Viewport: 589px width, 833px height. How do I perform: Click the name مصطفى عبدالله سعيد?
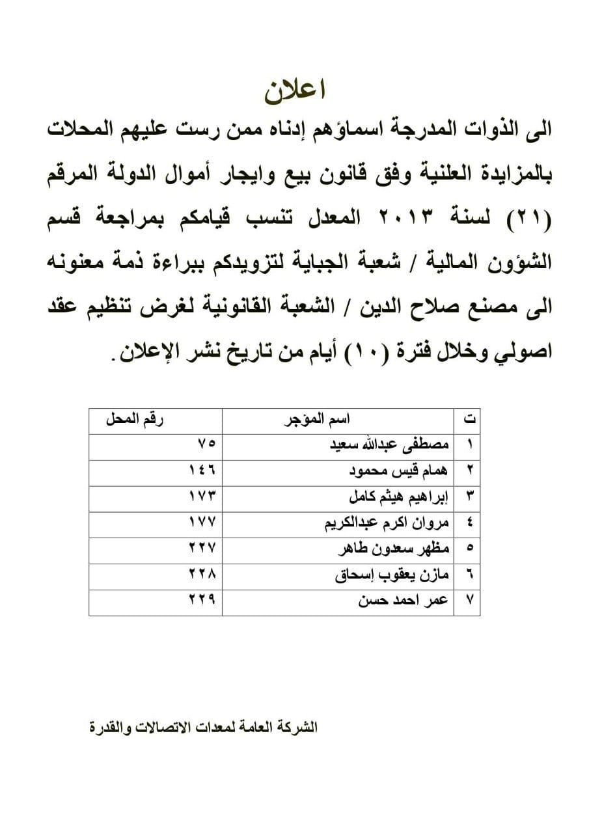click(x=389, y=447)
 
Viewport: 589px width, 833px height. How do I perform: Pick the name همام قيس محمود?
click(x=398, y=472)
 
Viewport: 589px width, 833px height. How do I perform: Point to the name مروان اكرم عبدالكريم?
click(x=387, y=524)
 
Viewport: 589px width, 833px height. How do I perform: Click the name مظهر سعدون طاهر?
click(x=392, y=550)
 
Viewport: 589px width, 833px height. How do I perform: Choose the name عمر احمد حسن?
click(x=404, y=601)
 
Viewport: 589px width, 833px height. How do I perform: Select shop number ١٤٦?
click(x=201, y=472)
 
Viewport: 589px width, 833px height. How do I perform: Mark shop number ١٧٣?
click(x=201, y=498)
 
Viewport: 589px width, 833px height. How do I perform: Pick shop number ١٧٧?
click(x=201, y=525)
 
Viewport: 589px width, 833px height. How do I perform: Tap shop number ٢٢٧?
click(x=201, y=550)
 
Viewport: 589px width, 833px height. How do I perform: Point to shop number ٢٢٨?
click(x=201, y=576)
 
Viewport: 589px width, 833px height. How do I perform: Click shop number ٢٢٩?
click(x=201, y=602)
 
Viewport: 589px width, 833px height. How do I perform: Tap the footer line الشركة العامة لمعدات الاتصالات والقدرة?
click(x=203, y=727)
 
